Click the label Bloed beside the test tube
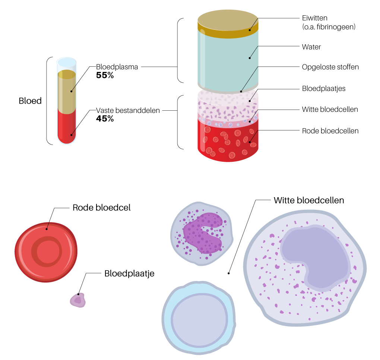tap(30, 101)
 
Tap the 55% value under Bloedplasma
tap(105, 75)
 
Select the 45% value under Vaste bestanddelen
tap(105, 119)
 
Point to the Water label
tap(311, 47)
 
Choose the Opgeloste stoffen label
tap(330, 67)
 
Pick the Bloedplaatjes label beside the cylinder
tap(324, 89)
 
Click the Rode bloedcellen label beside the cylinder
tap(330, 130)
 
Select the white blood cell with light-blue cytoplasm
tap(199, 316)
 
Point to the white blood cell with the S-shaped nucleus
tap(202, 234)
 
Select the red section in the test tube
tap(67, 125)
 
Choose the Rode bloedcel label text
tap(101, 208)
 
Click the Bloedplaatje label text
tap(129, 273)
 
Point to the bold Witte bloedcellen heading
tap(308, 200)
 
